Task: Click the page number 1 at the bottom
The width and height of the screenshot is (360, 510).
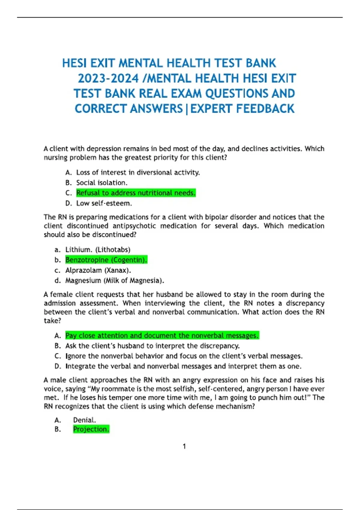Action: (184, 446)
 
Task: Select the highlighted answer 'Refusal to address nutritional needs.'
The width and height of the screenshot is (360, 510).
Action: (136, 193)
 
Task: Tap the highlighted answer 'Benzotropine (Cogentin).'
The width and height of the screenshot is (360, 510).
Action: (106, 260)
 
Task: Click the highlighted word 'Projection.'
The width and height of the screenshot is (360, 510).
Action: (91, 429)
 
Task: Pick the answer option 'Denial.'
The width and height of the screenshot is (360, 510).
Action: (85, 420)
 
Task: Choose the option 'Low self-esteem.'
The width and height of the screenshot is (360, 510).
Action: (104, 203)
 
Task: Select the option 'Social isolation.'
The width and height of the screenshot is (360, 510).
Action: (102, 183)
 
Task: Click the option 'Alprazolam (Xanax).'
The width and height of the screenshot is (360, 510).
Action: (98, 270)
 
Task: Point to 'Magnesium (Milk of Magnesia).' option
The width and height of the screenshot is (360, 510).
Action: (115, 280)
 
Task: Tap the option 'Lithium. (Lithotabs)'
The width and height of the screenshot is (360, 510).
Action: (98, 250)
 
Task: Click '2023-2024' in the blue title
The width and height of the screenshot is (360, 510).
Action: (108, 79)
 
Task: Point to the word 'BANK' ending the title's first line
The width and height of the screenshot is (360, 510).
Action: (261, 63)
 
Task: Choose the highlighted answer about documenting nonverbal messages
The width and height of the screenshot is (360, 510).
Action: (162, 336)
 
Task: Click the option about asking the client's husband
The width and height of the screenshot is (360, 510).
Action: (152, 346)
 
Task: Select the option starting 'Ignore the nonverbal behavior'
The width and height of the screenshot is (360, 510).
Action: (184, 356)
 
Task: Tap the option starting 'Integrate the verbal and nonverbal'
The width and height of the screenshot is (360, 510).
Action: (183, 366)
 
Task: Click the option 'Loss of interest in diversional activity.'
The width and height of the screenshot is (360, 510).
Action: (138, 172)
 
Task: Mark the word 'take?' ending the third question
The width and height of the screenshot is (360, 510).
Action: (52, 321)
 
